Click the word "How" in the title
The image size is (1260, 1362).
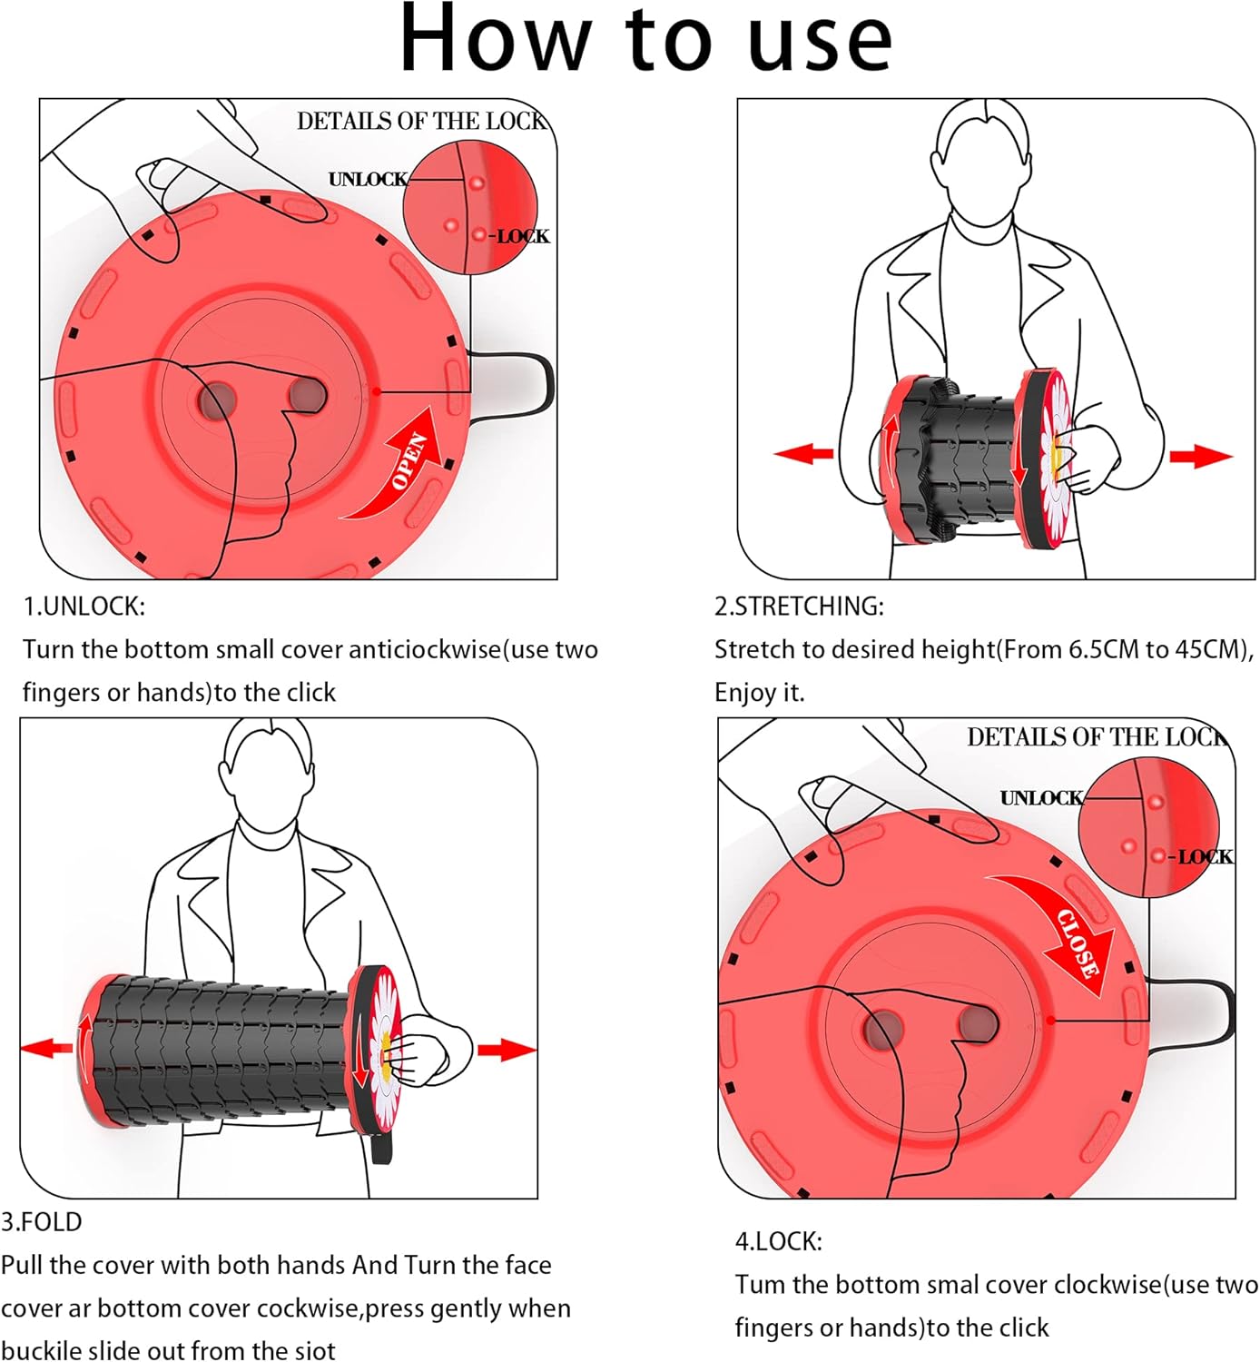pyautogui.click(x=495, y=40)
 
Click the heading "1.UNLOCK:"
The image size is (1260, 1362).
pyautogui.click(x=84, y=607)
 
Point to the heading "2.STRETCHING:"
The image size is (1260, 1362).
pyautogui.click(x=799, y=607)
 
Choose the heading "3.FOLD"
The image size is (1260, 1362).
pyautogui.click(x=42, y=1222)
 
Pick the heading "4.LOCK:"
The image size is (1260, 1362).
pyautogui.click(x=778, y=1241)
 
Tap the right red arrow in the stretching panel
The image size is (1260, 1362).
pyautogui.click(x=1200, y=456)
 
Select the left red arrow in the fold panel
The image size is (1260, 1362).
pyautogui.click(x=46, y=1048)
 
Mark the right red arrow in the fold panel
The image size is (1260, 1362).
pyautogui.click(x=506, y=1051)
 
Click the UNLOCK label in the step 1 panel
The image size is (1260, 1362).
pyautogui.click(x=368, y=180)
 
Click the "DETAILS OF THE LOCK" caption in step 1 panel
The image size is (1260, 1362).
pyautogui.click(x=421, y=122)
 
